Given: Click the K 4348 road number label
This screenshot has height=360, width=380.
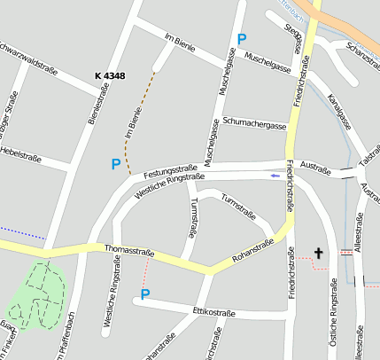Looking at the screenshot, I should tap(110, 77).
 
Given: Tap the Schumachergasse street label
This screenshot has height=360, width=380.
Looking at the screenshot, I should tap(255, 123).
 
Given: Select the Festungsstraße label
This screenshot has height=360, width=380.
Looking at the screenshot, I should tap(170, 168).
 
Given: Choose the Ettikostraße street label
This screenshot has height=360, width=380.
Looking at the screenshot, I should tap(213, 312).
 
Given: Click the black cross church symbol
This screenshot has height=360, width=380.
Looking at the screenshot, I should tap(319, 253).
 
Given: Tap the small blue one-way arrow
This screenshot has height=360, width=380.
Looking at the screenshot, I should tap(275, 176).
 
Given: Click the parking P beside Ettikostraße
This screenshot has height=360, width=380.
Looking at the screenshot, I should tap(146, 293).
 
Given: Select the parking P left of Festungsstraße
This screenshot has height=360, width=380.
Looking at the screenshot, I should tap(115, 164).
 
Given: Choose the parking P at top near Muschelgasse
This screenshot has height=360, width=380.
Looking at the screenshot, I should tap(242, 39).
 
